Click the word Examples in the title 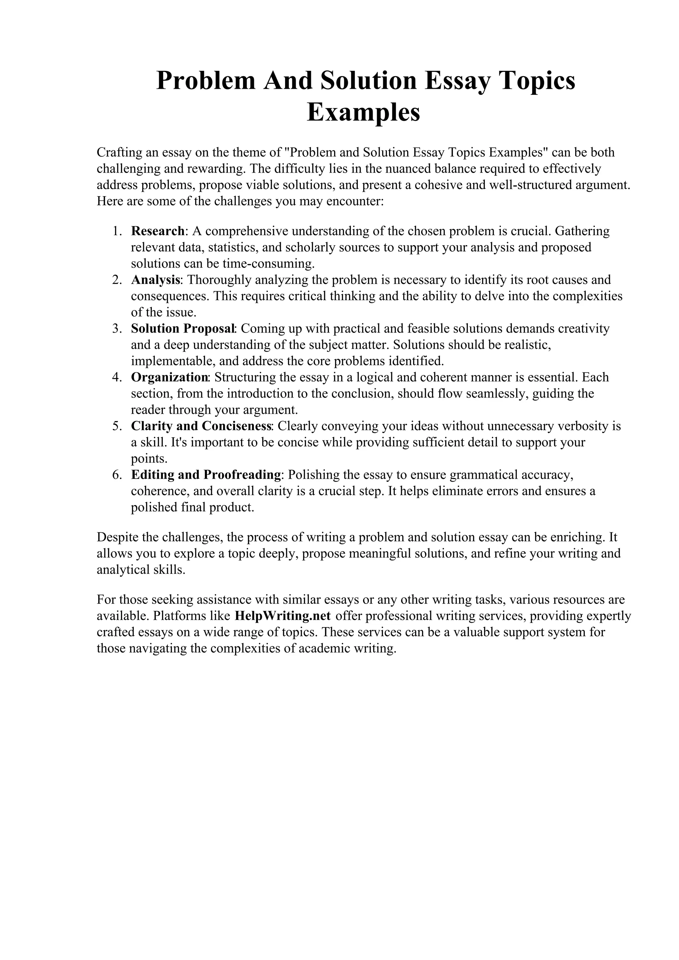(363, 113)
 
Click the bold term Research (158, 231)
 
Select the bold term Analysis (155, 280)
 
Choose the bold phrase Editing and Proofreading (206, 475)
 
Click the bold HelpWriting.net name (283, 616)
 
